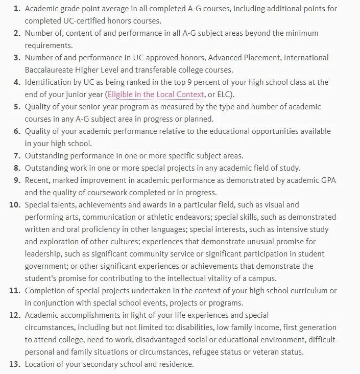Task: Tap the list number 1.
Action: (16, 9)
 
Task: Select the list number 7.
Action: (16, 155)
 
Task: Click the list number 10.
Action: (14, 204)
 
